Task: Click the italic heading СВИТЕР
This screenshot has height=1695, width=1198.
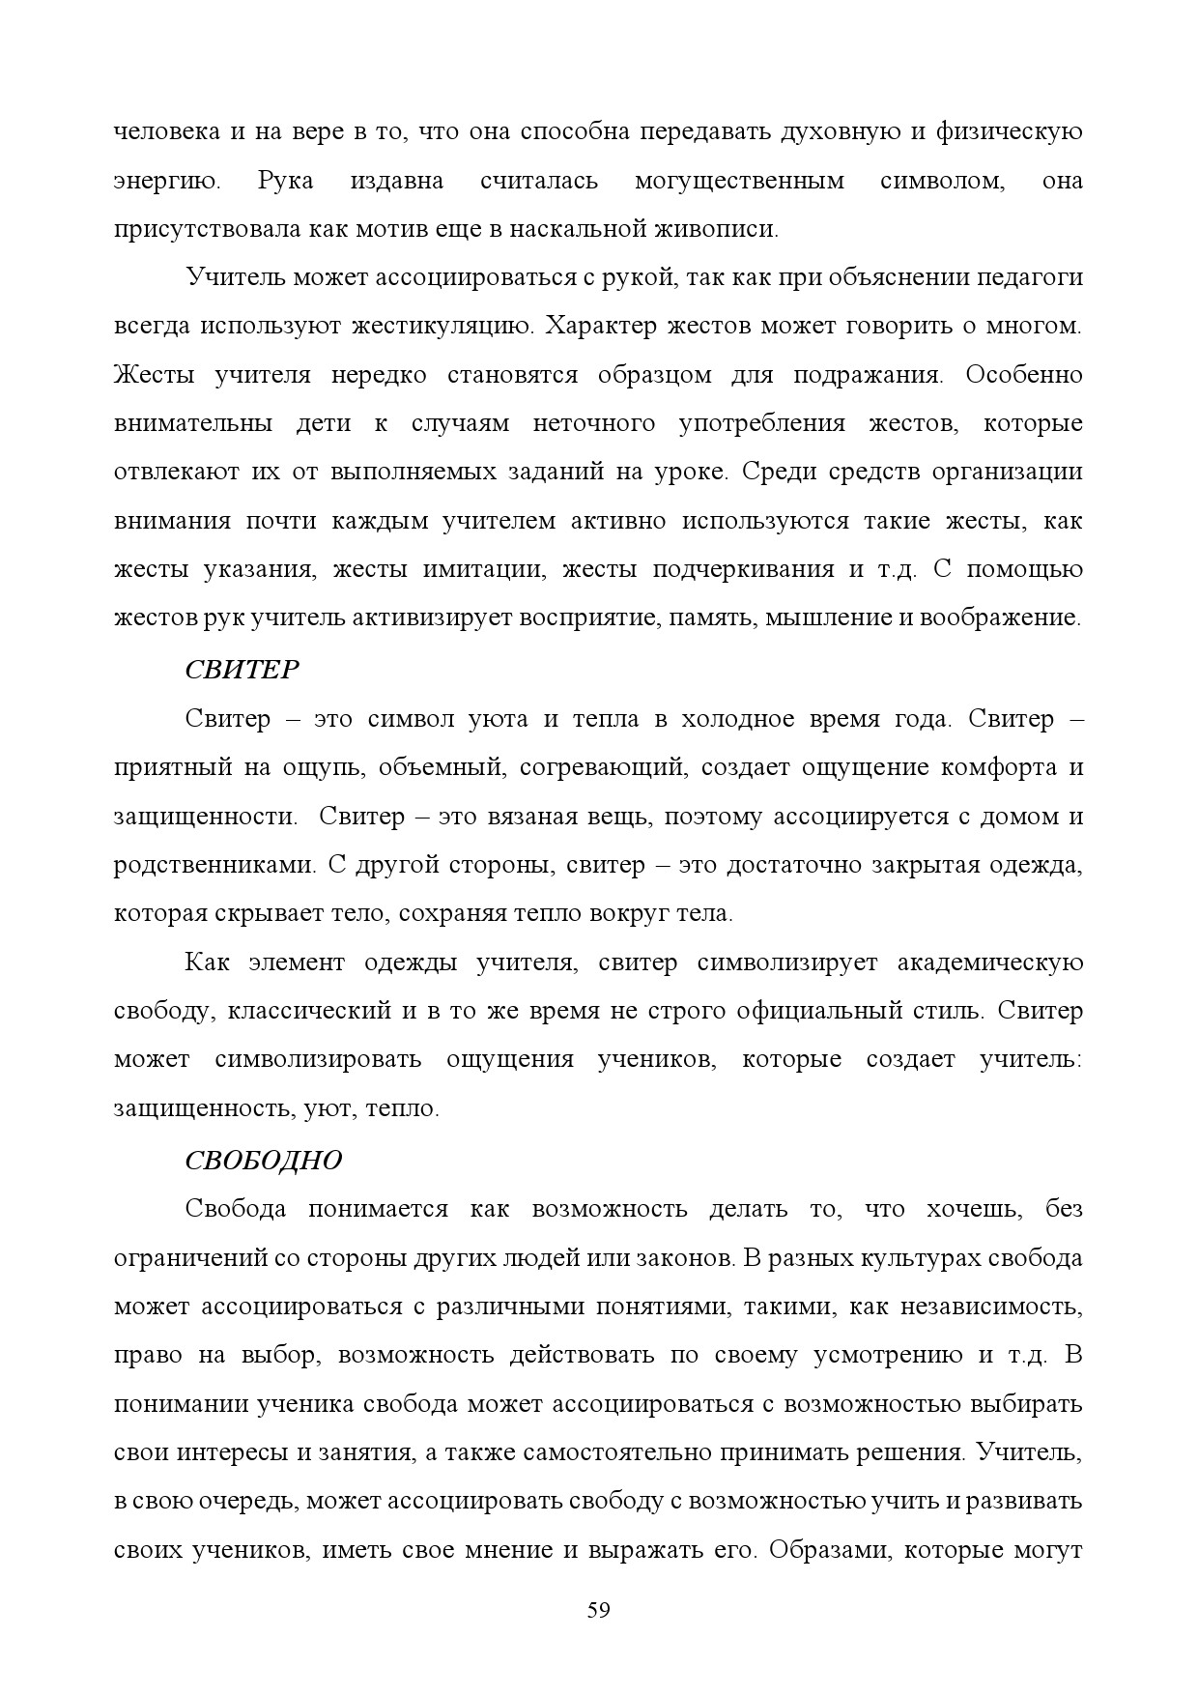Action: [x=242, y=670]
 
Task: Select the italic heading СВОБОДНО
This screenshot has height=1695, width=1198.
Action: [x=263, y=1160]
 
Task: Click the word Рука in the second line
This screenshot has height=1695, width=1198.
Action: [x=286, y=181]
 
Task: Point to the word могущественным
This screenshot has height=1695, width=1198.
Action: [x=739, y=181]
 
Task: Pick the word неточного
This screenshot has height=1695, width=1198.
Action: [x=593, y=423]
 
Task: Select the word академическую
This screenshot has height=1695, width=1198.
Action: [x=990, y=962]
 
